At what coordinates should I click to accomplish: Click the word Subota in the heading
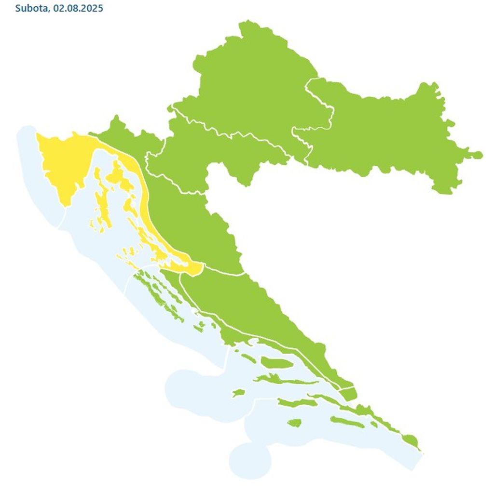pos(29,8)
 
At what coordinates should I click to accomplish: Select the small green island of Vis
pos(238,393)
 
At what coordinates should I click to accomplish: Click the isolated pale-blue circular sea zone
pos(249,460)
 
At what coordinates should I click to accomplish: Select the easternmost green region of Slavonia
pos(386,135)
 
